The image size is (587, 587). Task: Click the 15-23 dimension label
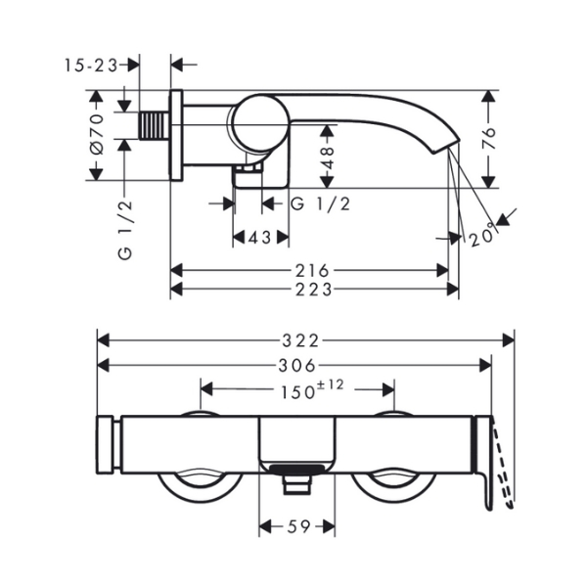[x=91, y=66]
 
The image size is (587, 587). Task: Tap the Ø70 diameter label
[x=97, y=135]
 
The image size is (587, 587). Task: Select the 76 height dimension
[x=488, y=139]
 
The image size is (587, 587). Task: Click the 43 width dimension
[x=260, y=237]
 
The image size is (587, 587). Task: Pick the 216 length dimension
[x=313, y=270]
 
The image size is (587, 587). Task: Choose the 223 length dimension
[x=314, y=290]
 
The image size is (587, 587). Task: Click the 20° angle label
[x=484, y=237]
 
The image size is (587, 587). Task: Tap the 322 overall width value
[x=300, y=340]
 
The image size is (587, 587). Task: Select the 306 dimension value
[x=297, y=365]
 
